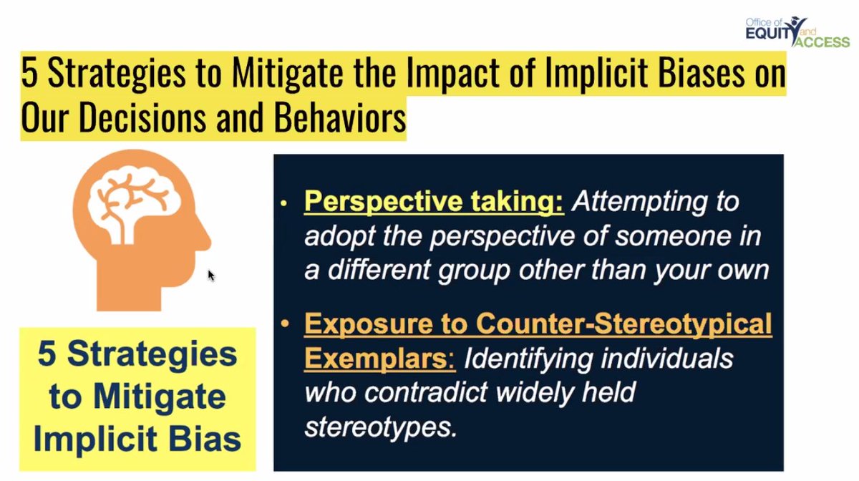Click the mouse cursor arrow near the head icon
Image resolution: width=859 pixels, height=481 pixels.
pos(211,276)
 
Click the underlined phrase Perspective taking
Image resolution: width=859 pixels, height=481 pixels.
pos(434,202)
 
